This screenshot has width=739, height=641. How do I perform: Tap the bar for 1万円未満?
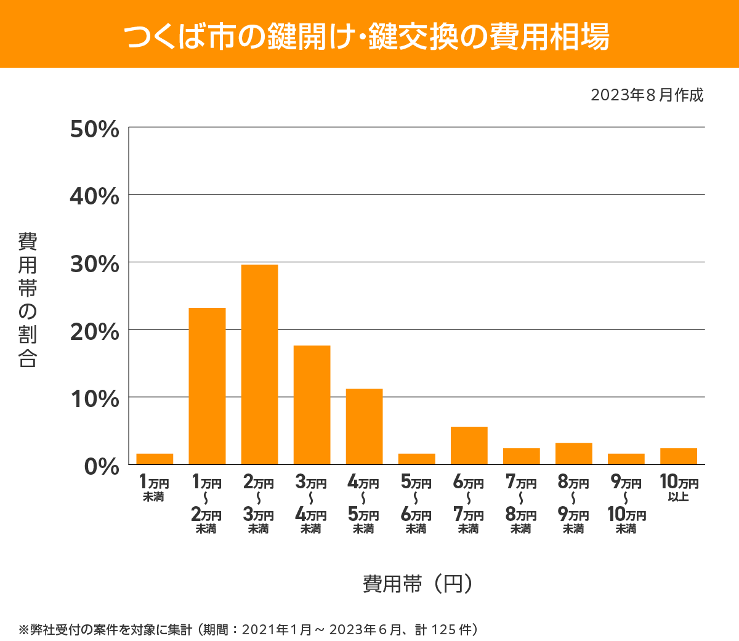click(155, 459)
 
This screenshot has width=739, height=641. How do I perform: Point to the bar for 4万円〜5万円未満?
click(364, 427)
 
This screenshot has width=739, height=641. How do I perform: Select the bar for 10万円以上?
click(678, 456)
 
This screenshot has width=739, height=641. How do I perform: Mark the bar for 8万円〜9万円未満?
click(573, 454)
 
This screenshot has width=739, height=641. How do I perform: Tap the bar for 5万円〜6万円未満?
click(416, 459)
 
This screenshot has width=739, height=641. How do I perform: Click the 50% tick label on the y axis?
click(94, 129)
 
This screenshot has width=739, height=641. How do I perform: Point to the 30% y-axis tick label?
click(94, 264)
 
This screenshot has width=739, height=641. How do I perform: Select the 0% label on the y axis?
click(101, 467)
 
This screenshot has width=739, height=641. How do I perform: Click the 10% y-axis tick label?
click(94, 399)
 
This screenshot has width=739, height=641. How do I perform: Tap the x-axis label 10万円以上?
click(679, 488)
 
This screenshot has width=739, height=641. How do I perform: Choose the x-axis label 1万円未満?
click(154, 488)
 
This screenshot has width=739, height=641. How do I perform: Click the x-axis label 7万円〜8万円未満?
click(521, 504)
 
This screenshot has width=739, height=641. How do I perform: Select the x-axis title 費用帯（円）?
click(418, 583)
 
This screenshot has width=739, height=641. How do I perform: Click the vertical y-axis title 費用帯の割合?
click(28, 300)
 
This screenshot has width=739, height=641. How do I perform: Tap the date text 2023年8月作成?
click(647, 95)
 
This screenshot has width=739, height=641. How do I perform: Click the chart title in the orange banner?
click(368, 36)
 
